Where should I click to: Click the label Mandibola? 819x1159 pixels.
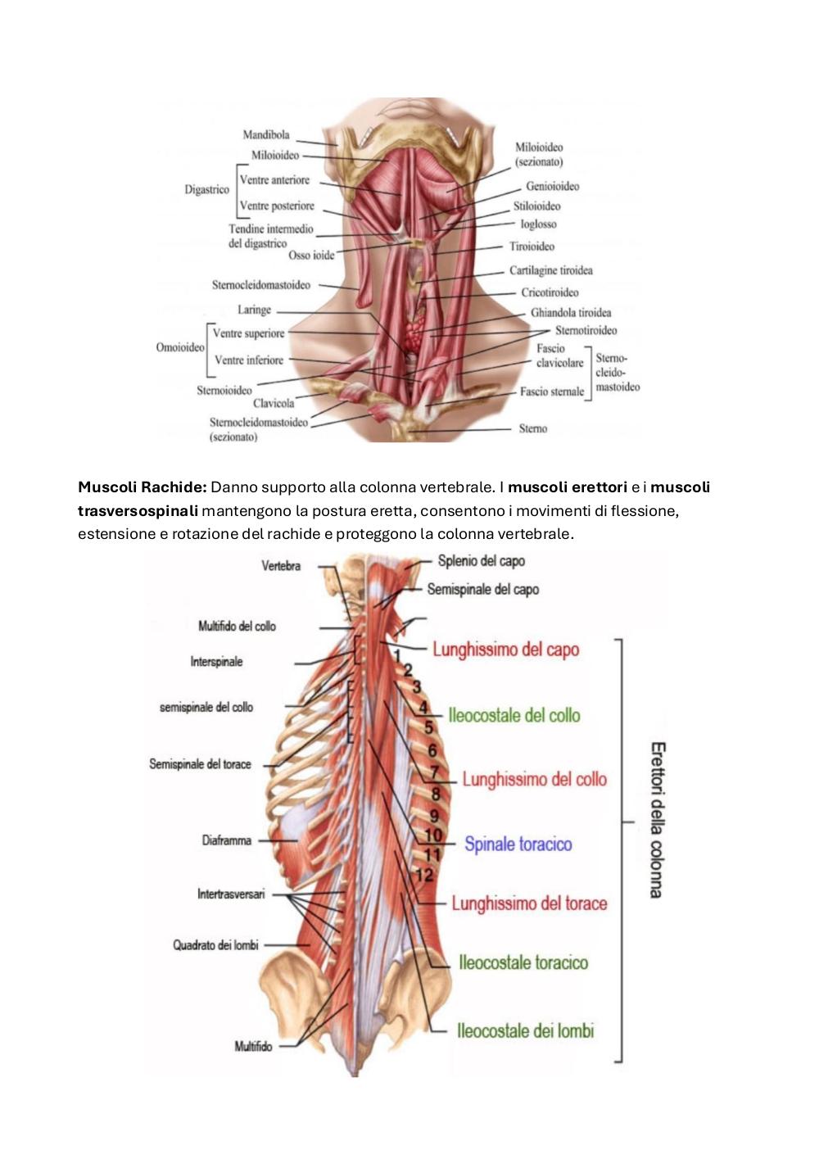tap(266, 134)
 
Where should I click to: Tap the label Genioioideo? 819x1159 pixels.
tap(552, 186)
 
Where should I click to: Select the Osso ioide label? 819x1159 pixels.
tap(311, 255)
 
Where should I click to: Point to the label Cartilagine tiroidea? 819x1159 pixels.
tap(551, 270)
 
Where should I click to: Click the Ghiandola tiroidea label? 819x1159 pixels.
tap(571, 313)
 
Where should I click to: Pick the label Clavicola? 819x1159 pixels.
tap(274, 403)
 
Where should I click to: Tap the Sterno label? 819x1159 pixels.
tap(533, 428)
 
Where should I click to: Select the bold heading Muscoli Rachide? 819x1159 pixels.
tap(143, 487)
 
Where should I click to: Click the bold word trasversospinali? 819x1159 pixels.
tap(138, 510)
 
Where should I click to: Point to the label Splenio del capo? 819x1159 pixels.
tap(481, 561)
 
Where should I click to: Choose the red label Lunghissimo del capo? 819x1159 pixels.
tap(505, 650)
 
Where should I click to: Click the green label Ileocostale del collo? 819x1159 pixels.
tap(514, 716)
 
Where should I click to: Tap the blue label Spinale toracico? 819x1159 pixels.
tap(518, 844)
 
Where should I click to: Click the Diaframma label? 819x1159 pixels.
tap(227, 840)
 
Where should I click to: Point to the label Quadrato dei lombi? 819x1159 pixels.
tap(215, 944)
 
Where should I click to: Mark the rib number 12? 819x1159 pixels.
tap(424, 876)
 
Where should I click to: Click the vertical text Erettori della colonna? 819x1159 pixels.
tap(658, 820)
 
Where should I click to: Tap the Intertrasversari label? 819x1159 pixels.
tap(231, 894)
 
